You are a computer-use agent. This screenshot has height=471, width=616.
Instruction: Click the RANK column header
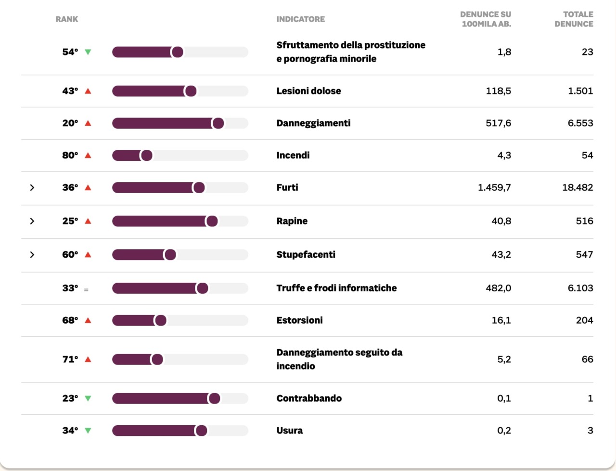[66, 19]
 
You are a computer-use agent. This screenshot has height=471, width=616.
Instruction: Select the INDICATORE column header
[300, 19]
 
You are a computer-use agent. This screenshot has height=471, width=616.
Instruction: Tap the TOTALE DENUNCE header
[574, 19]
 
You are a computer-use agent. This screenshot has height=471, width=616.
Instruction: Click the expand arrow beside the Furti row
[32, 187]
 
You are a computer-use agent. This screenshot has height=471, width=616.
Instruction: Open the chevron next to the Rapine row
[32, 221]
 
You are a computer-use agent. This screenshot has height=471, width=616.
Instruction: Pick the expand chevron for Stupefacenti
[32, 254]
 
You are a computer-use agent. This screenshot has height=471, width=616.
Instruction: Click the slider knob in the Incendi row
[147, 155]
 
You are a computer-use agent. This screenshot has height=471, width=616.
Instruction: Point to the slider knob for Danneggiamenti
[218, 123]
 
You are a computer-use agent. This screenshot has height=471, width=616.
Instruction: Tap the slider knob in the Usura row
[201, 431]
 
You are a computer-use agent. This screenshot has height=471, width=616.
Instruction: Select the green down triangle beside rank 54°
[88, 52]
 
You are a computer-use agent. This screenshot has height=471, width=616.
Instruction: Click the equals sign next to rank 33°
[86, 289]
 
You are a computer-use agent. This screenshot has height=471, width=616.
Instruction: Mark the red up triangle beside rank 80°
[88, 155]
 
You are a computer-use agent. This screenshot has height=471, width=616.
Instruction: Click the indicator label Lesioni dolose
[308, 91]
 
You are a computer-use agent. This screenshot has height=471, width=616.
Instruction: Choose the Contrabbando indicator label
[309, 398]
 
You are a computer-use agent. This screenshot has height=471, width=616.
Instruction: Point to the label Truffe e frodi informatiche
[336, 288]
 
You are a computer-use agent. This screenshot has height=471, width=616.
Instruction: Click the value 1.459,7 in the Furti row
[494, 187]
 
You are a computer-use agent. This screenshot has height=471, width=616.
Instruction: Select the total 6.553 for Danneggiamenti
[580, 123]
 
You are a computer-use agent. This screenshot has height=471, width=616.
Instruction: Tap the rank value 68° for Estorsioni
[70, 320]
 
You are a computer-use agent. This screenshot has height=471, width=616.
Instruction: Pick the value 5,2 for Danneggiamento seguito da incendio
[504, 359]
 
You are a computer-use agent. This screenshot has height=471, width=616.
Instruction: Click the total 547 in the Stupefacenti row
[584, 254]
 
